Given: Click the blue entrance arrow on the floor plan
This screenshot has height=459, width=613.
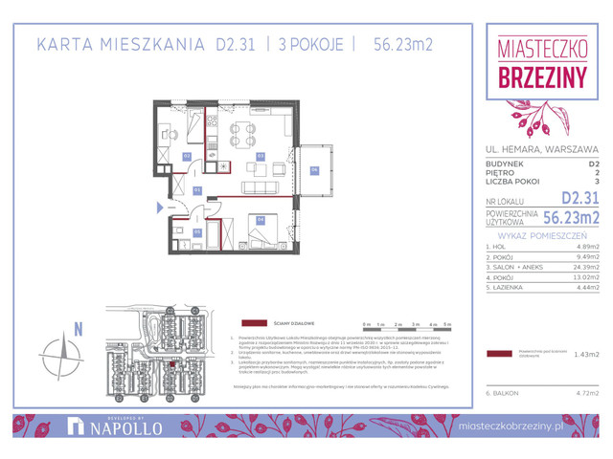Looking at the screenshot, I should (x=159, y=206).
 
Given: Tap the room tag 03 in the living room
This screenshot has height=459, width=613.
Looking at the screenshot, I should (x=260, y=155).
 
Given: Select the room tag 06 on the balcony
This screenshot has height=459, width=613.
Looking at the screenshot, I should (x=314, y=171).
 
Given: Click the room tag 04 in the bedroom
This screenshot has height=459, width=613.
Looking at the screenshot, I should (x=260, y=219).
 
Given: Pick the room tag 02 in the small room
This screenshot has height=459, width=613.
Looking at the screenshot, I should (x=187, y=155).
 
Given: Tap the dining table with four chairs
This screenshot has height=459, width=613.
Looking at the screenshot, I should (x=242, y=133).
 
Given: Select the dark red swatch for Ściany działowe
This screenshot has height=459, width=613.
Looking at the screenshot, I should (x=255, y=323).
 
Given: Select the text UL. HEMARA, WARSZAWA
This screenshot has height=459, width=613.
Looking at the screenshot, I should (x=542, y=149).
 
